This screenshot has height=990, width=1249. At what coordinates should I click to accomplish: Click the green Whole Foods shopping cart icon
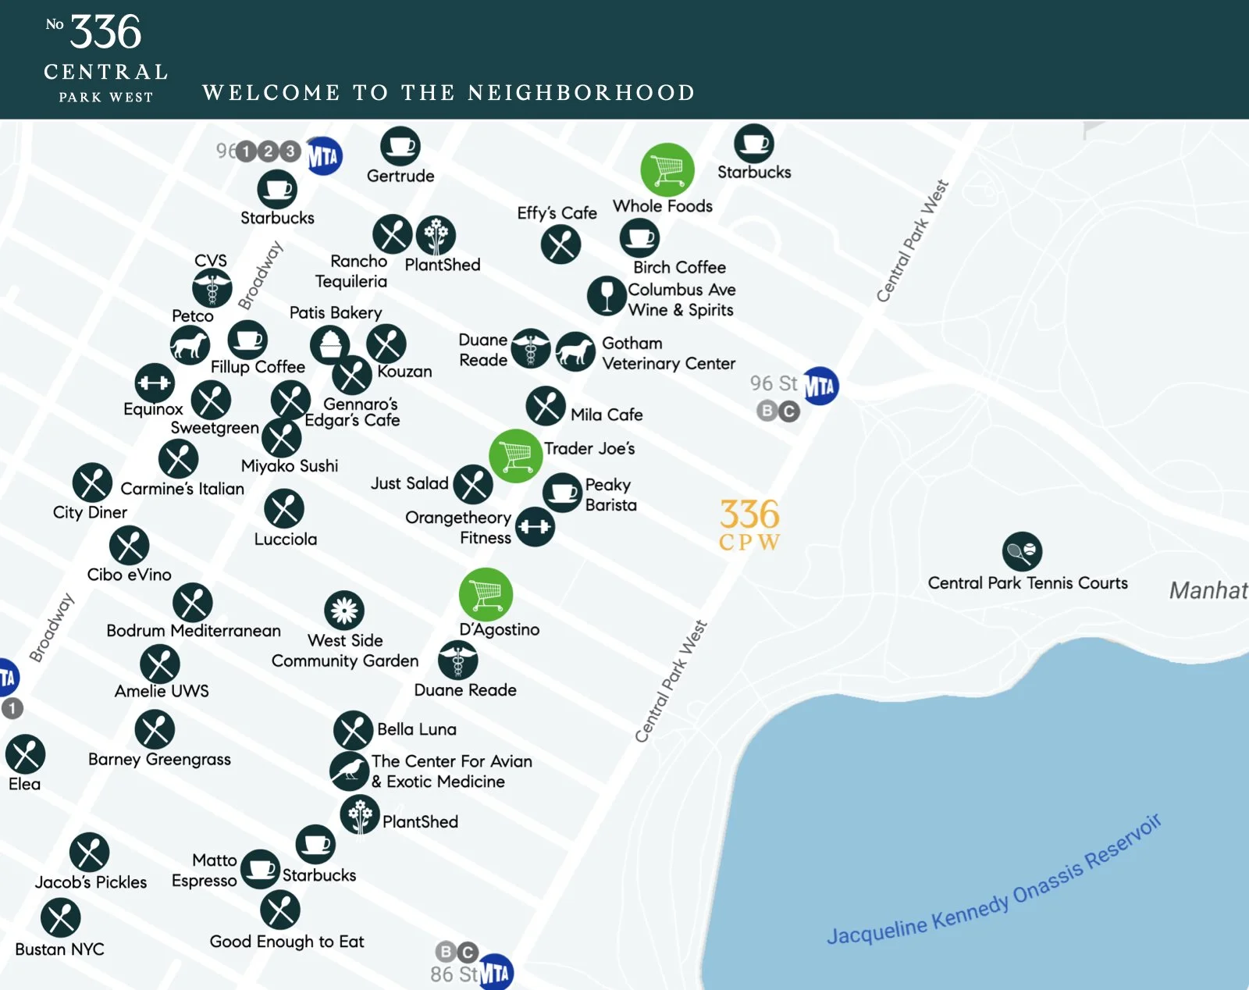coord(667,169)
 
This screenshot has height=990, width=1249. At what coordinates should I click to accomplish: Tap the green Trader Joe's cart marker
coord(515,456)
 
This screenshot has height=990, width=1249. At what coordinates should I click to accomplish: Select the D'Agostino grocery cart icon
coord(486,594)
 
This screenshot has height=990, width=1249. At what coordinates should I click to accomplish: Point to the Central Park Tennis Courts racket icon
coord(1022,551)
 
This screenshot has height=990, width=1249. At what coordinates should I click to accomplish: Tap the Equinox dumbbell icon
coord(155,383)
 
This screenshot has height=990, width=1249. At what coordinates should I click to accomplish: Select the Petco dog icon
coord(190,344)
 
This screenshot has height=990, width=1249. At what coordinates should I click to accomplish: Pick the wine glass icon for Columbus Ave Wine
coord(607,296)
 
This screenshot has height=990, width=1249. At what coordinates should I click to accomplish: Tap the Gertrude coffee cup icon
coord(400,146)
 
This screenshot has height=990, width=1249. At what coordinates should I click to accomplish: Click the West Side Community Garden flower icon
coord(344,611)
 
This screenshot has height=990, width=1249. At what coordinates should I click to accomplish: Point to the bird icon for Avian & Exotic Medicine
coord(349,771)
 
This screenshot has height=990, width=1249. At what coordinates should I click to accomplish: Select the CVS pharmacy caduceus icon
coord(212,288)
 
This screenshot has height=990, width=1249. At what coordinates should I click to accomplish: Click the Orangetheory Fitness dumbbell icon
coord(535,527)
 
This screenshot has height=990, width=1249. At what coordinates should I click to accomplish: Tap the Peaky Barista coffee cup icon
coord(562,493)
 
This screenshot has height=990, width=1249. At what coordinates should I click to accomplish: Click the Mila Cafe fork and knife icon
coord(546,406)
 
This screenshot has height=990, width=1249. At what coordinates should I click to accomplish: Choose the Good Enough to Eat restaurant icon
coord(280,910)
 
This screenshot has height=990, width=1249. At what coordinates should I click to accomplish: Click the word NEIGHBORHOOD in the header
coord(581,93)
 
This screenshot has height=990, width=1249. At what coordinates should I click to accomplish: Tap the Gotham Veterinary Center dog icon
coord(575,351)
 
